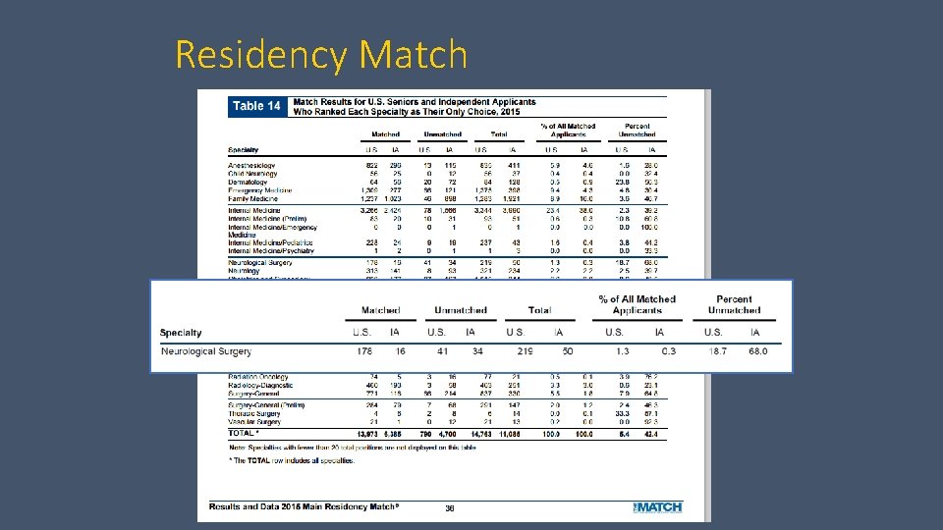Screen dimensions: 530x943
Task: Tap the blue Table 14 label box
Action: (x=255, y=105)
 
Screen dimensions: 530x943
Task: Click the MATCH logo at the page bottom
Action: (x=657, y=506)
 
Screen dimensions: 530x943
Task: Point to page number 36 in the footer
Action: (x=449, y=507)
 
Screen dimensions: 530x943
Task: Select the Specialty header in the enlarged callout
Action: (x=181, y=333)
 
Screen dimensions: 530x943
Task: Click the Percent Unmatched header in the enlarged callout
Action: (x=734, y=304)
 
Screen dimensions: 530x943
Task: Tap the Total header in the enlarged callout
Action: (x=539, y=310)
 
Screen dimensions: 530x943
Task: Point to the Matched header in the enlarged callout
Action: (x=380, y=310)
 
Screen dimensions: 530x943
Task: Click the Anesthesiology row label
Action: (x=251, y=166)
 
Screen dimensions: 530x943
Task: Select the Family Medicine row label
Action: (x=252, y=199)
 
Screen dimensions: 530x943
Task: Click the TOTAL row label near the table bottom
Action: (x=243, y=433)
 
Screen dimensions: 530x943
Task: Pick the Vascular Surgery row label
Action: (x=253, y=422)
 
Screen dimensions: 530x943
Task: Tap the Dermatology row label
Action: (x=249, y=183)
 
